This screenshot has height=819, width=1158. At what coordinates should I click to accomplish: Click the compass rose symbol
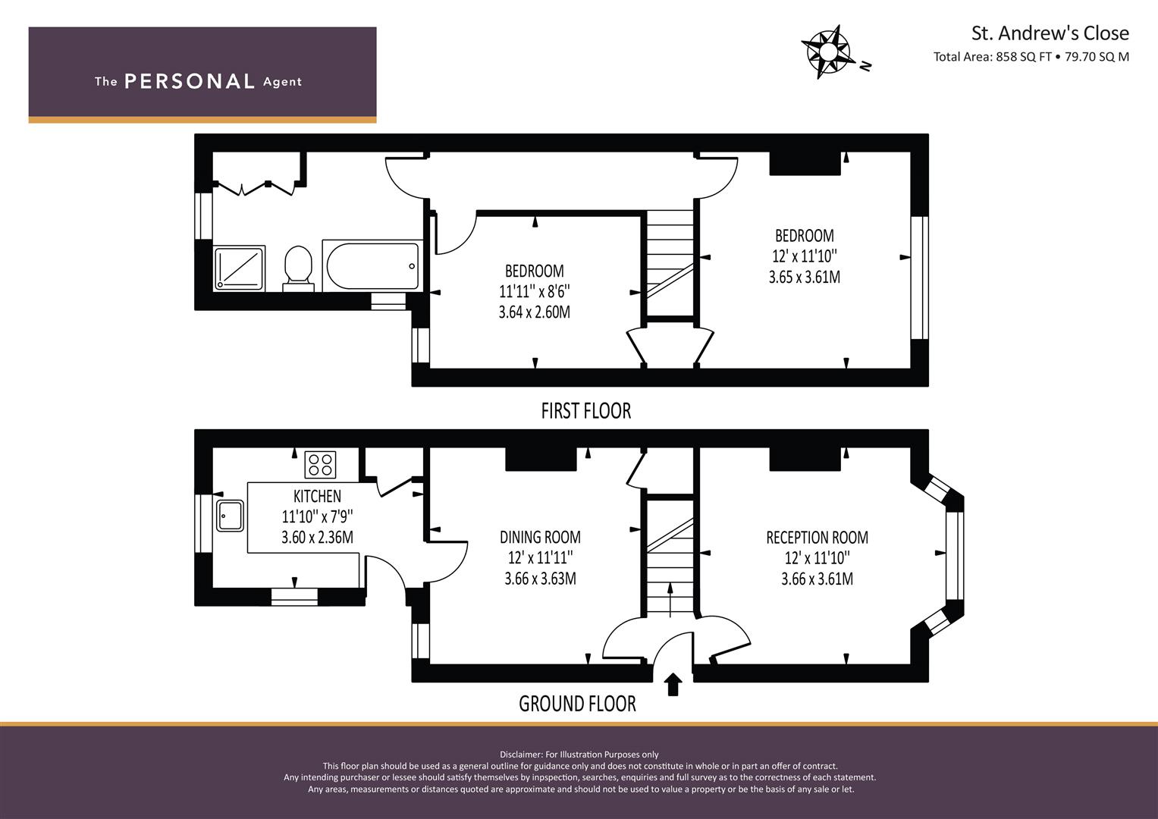[828, 52]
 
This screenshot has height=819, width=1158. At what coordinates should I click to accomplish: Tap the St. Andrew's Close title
[1050, 33]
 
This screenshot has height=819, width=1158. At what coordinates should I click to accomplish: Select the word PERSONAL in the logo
[190, 81]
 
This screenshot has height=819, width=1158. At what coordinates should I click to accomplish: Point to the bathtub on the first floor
[372, 265]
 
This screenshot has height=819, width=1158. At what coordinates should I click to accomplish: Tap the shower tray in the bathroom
[240, 268]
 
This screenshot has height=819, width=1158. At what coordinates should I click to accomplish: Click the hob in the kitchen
[320, 464]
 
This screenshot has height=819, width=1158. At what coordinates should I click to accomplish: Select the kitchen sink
[230, 515]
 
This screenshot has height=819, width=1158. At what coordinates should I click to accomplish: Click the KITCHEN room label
[317, 497]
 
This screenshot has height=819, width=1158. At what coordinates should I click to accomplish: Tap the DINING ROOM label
[540, 537]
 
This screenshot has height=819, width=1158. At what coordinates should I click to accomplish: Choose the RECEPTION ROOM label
[817, 537]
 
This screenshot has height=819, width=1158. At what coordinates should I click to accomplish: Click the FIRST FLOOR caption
[585, 411]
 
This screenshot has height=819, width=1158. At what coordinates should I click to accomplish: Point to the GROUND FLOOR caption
[577, 704]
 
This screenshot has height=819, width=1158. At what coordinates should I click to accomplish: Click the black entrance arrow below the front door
[673, 685]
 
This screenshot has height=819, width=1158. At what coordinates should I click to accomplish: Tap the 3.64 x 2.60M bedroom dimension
[534, 312]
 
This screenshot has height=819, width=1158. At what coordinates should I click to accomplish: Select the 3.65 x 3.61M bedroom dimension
[805, 277]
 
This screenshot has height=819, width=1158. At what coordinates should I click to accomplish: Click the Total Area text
[1031, 57]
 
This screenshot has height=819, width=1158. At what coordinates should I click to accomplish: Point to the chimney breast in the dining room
[541, 459]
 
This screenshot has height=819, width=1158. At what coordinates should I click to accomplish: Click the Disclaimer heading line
[579, 755]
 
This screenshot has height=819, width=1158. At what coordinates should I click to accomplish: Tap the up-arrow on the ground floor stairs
[670, 600]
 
